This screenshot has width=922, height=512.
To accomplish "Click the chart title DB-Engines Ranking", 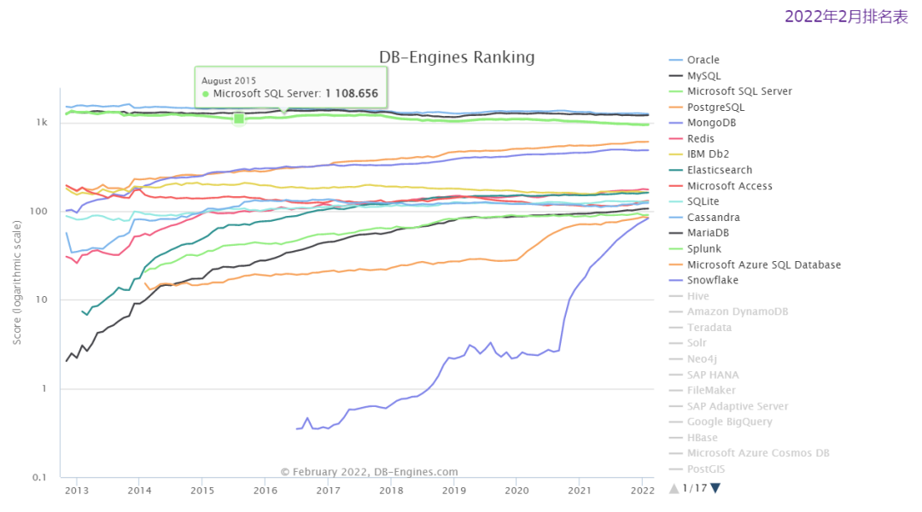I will (457, 57).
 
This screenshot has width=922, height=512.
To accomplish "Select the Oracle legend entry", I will (703, 60).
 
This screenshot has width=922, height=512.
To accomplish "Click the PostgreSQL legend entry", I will (715, 108).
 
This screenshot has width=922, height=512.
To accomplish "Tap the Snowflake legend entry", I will (713, 280).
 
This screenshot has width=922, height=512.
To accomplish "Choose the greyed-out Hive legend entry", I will (697, 296).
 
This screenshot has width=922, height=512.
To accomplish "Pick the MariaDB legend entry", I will (709, 233).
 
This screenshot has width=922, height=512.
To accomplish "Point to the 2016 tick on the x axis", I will (266, 490).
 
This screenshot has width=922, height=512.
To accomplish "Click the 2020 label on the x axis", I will (516, 490).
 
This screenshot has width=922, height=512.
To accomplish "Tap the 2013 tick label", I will (77, 490).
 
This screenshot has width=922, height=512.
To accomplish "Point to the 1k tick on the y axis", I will (42, 122).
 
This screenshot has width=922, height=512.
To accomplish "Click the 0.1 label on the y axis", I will (39, 477).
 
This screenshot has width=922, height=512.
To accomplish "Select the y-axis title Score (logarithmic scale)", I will (18, 282).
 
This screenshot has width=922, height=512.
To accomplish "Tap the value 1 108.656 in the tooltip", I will (352, 94).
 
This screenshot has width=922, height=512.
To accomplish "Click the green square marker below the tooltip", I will (239, 119).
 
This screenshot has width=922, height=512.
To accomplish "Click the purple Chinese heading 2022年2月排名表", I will (846, 17).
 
